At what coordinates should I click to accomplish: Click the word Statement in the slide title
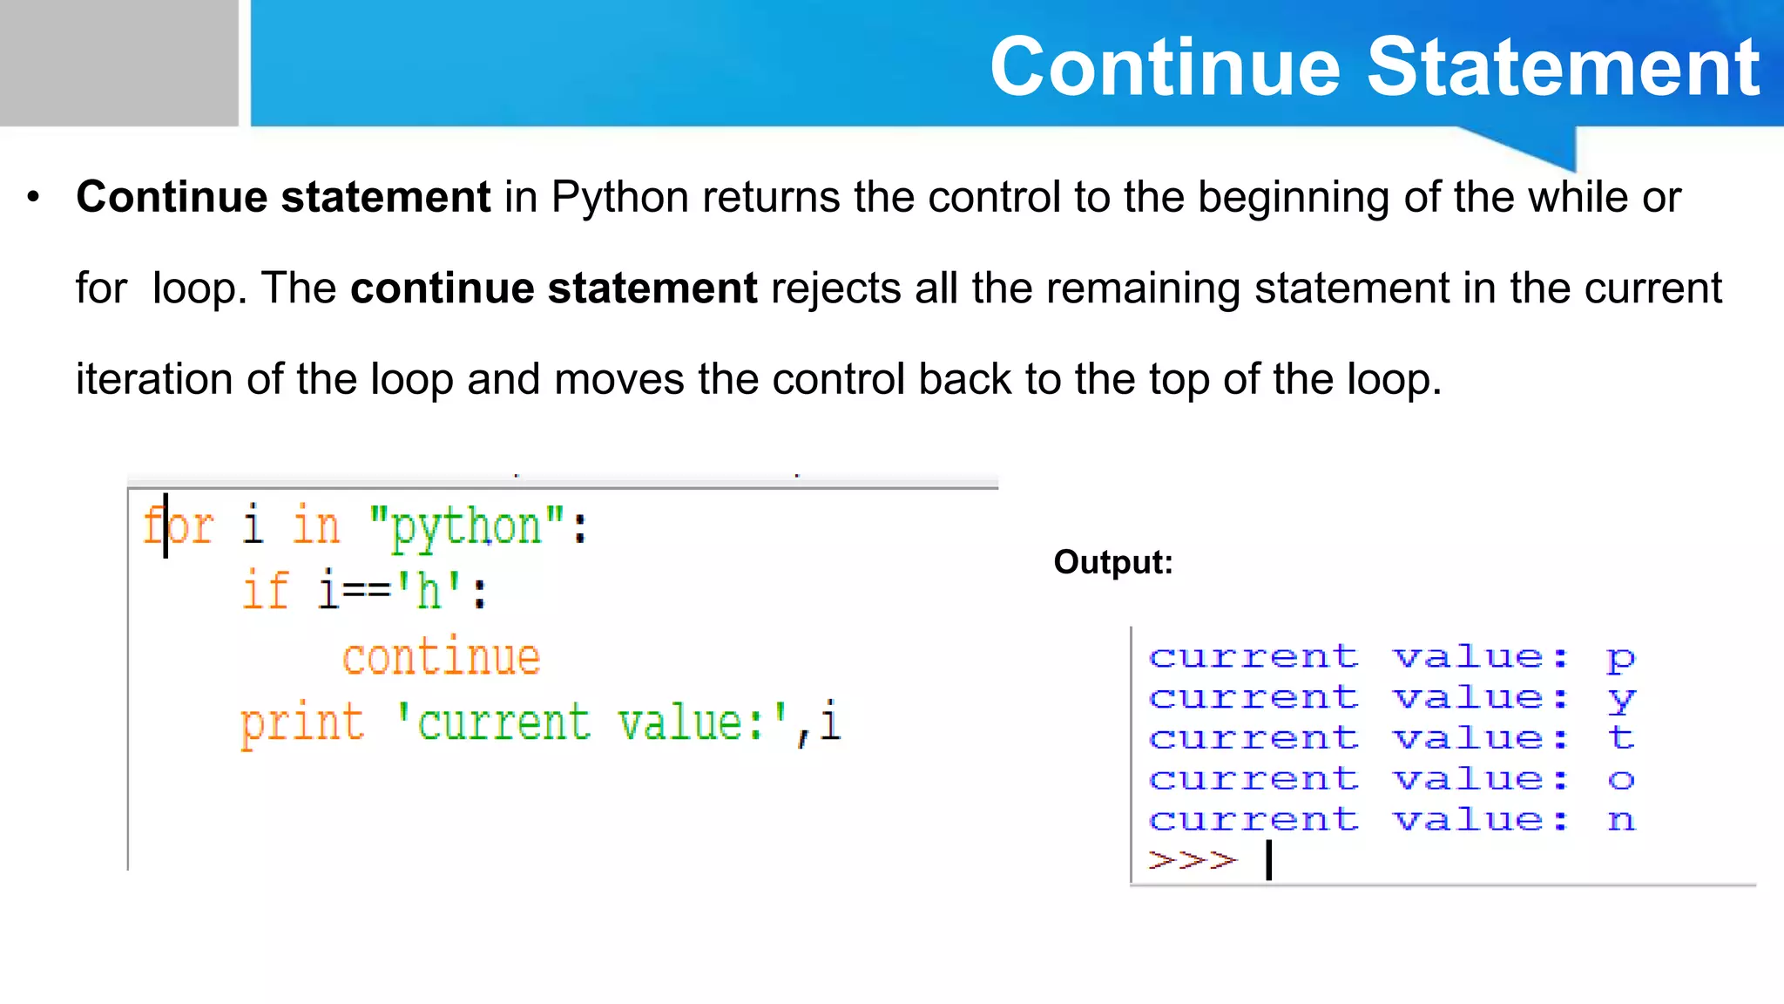(x=1564, y=67)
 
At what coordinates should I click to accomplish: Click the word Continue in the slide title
(x=1166, y=67)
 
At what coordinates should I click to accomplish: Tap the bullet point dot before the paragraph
(x=33, y=197)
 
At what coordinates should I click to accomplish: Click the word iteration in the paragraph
(x=154, y=379)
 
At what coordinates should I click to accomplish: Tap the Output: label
(x=1113, y=562)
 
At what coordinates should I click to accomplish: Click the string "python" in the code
(x=467, y=527)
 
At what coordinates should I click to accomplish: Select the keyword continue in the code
(x=441, y=657)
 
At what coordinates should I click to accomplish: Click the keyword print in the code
(x=301, y=723)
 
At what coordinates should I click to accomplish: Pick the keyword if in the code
(x=265, y=591)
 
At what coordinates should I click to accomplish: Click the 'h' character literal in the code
(x=428, y=591)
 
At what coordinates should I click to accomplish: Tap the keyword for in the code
(x=179, y=526)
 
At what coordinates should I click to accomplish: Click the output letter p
(x=1621, y=658)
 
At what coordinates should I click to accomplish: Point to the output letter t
(x=1621, y=738)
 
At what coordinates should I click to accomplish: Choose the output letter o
(x=1621, y=779)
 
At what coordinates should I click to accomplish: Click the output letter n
(x=1621, y=820)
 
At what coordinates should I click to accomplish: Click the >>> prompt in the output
(x=1193, y=860)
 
